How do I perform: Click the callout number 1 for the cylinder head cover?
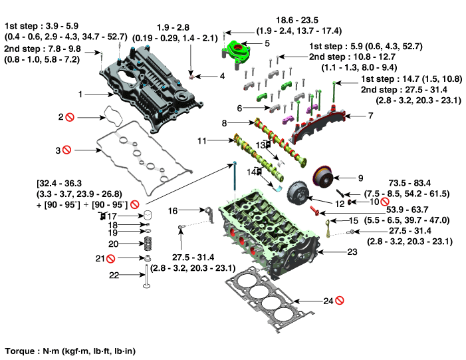coord(80,94)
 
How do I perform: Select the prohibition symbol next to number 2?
coord(69,117)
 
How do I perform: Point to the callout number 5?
coord(267,43)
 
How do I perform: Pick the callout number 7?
coord(371,116)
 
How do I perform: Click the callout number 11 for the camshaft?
coord(202,140)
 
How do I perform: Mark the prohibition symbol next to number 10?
coord(384,201)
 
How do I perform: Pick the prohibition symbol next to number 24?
coord(339,301)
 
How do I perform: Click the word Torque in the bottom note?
coord(18,350)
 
